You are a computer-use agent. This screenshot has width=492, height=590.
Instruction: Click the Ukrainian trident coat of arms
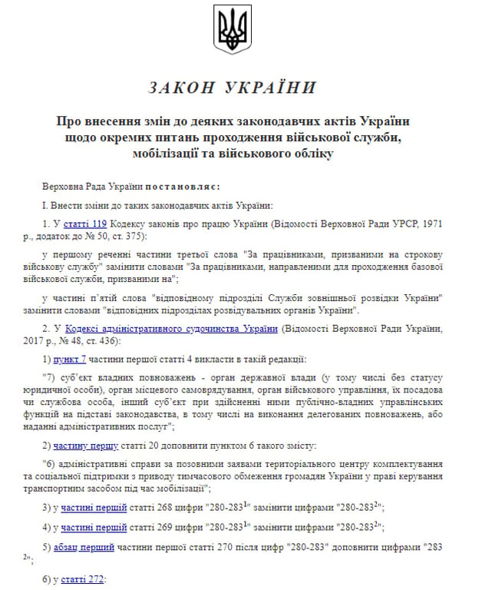click(x=233, y=29)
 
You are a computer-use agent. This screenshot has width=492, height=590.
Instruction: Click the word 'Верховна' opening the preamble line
click(x=64, y=187)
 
